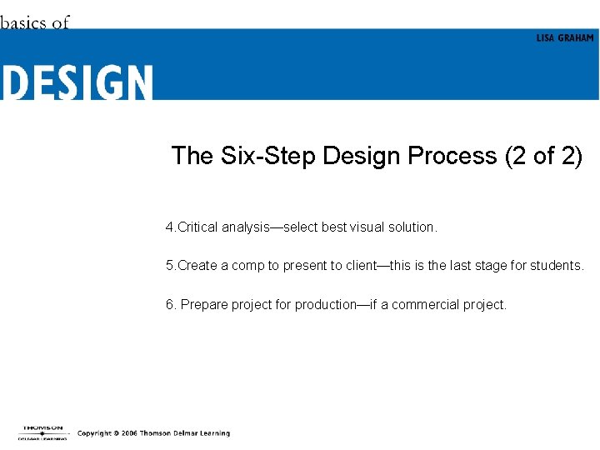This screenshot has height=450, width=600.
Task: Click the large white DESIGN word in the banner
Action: [77, 82]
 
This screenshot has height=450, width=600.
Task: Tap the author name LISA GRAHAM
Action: [564, 38]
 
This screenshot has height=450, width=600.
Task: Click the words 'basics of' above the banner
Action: [35, 22]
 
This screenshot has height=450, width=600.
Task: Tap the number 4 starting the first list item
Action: [169, 227]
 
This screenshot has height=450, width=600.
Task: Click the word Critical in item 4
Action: [197, 227]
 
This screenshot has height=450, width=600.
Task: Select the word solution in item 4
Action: [412, 227]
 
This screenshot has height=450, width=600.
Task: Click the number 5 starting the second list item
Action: [169, 266]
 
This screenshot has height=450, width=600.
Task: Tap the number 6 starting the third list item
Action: [169, 305]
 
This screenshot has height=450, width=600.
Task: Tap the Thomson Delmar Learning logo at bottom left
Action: [42, 432]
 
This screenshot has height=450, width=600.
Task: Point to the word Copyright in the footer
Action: [94, 433]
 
